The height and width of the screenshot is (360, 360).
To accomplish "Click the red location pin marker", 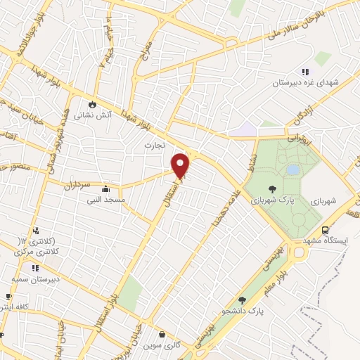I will click(x=181, y=166).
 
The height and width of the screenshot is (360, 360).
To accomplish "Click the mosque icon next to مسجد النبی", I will click(x=105, y=188).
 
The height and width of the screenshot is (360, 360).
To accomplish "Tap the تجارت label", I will click(x=153, y=145).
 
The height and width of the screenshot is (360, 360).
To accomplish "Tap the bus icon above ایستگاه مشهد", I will click(x=325, y=230).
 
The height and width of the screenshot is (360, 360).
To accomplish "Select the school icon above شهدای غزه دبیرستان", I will click(x=305, y=71).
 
